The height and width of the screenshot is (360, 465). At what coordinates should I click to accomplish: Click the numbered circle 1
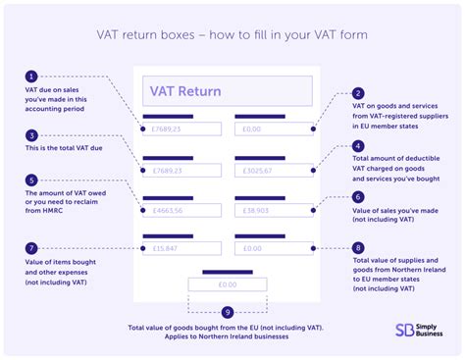click(32, 76)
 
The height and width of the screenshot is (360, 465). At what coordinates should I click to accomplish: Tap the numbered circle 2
click(358, 93)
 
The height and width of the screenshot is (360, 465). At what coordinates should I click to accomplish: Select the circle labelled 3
click(32, 135)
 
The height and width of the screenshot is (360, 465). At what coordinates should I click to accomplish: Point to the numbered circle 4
click(358, 145)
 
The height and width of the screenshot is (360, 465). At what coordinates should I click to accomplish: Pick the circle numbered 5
click(32, 180)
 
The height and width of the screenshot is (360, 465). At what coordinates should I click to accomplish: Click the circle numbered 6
click(358, 196)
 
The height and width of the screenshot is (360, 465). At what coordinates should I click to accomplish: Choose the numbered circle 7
click(32, 249)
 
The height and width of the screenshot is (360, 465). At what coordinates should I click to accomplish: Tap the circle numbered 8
click(358, 249)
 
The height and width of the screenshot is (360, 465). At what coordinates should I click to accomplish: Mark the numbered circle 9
click(228, 312)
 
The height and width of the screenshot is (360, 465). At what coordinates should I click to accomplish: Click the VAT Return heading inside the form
click(185, 92)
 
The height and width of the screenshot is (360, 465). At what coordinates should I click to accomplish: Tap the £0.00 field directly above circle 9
click(228, 285)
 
